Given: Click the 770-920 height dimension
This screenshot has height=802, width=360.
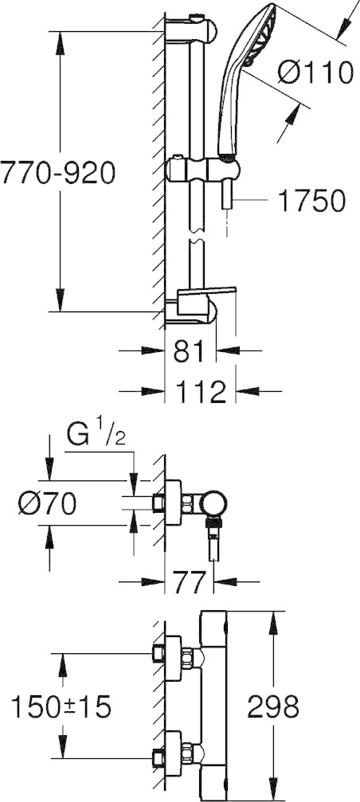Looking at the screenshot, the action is (58, 173).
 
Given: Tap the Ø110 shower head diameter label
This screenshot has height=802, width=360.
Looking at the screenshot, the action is (315, 72).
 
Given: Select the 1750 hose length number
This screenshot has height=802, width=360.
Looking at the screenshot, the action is (311, 201).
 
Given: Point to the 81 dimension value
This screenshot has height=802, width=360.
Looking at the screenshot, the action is (190, 351).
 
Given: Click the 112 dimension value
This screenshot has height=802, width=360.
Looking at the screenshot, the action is (200, 392).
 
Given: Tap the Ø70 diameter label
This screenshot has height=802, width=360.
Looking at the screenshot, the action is (47, 504).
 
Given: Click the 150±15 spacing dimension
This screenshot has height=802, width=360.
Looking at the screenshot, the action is (61, 707).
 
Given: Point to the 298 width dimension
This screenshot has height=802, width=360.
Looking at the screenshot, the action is (273, 707).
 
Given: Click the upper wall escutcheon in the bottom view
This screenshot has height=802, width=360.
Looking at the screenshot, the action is (174, 659).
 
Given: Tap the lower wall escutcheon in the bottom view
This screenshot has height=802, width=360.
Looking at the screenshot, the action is (174, 753).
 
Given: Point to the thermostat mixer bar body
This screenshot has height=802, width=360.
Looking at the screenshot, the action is (213, 706).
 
